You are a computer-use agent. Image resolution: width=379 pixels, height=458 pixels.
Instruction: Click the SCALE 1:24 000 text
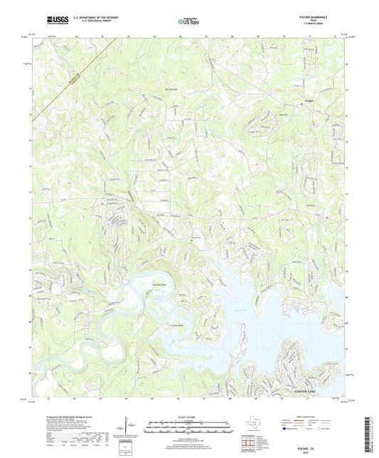tap(188, 417)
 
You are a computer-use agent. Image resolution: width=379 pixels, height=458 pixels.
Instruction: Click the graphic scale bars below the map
tap(188, 427)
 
